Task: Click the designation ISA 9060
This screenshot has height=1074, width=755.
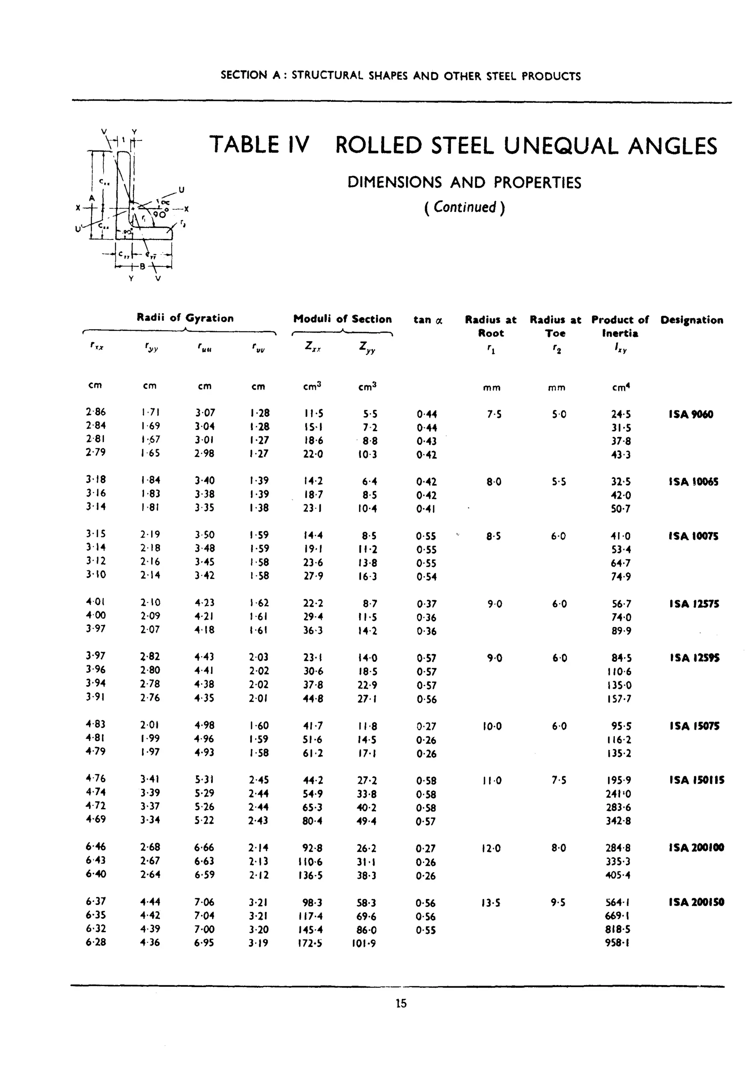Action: pyautogui.click(x=690, y=414)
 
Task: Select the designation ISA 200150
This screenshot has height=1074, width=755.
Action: pyautogui.click(x=696, y=902)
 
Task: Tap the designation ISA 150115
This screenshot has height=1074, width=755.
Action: pyautogui.click(x=696, y=780)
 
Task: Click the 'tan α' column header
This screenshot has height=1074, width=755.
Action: pyautogui.click(x=428, y=320)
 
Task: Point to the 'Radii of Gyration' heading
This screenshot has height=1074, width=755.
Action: pyautogui.click(x=185, y=318)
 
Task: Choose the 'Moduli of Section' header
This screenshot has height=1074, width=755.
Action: pyautogui.click(x=342, y=319)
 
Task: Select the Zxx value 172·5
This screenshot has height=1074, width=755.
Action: pyautogui.click(x=310, y=943)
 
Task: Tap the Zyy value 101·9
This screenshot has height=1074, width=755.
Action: pyautogui.click(x=363, y=943)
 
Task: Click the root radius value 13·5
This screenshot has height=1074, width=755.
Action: pyautogui.click(x=491, y=902)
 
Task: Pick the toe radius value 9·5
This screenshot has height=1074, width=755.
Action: pyautogui.click(x=558, y=902)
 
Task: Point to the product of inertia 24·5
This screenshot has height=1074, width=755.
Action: pyautogui.click(x=620, y=414)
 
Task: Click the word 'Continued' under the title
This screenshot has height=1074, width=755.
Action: pyautogui.click(x=465, y=207)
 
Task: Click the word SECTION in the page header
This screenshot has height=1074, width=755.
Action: pyautogui.click(x=243, y=75)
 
